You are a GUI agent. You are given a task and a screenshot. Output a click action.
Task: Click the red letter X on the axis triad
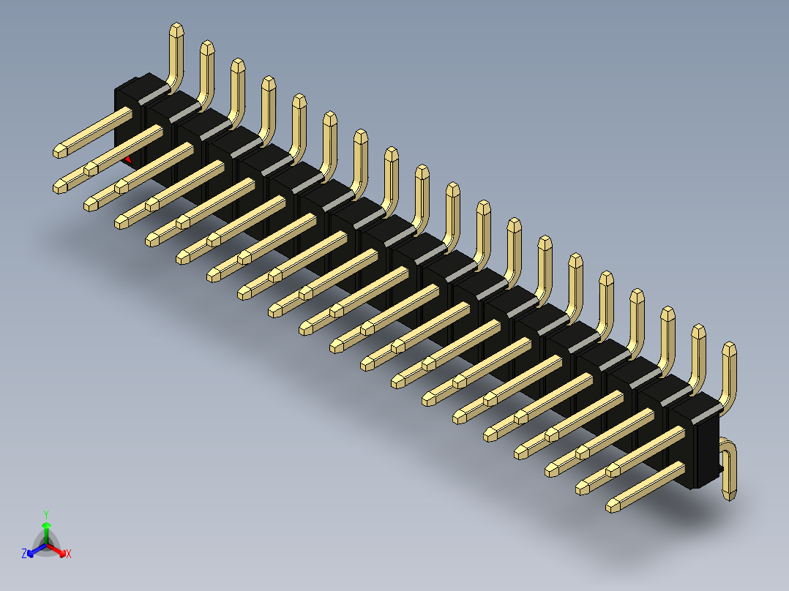[69, 554]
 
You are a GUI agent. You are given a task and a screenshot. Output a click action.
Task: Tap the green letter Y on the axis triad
[45, 514]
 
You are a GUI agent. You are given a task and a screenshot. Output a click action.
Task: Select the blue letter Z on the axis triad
[24, 554]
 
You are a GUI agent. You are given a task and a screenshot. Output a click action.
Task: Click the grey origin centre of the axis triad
[45, 545]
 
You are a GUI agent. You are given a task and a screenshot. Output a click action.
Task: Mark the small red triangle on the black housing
[129, 159]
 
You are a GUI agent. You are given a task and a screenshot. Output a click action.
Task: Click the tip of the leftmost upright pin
[176, 29]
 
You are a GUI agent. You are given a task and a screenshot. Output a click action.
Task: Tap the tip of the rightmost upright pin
[729, 347]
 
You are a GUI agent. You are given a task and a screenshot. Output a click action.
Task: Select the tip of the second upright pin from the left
[207, 47]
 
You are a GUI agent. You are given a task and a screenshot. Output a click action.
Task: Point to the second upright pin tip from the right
[698, 330]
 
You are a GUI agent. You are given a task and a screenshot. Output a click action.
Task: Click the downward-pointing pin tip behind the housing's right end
[730, 497]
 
